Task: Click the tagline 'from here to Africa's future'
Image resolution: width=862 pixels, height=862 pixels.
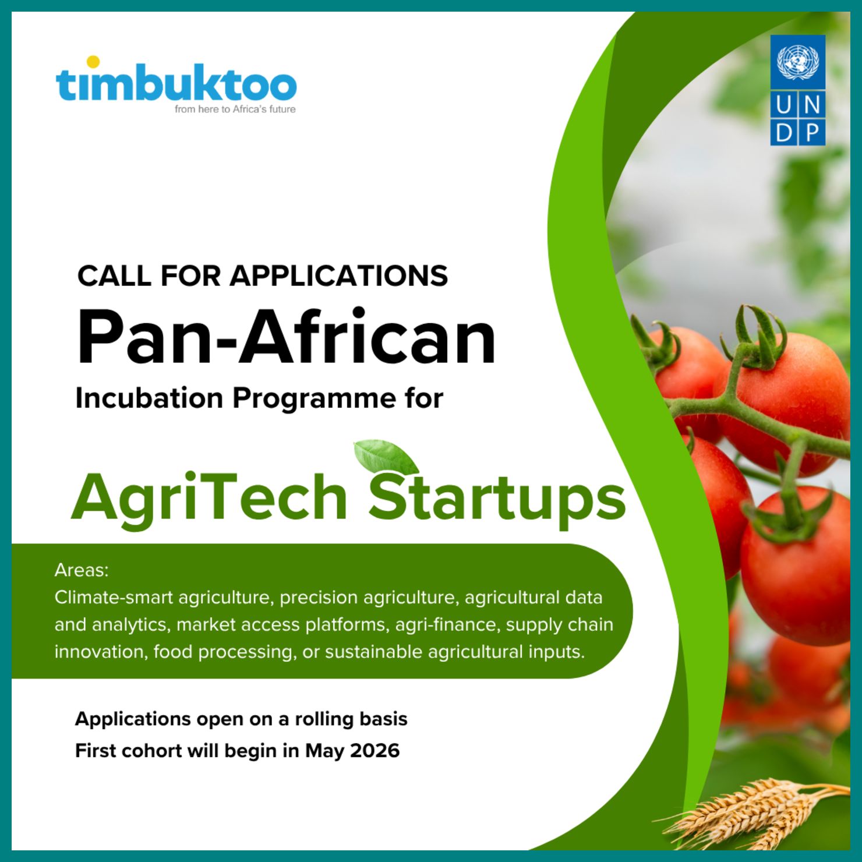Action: tap(235, 109)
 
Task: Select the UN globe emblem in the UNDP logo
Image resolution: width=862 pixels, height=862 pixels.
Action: tap(797, 63)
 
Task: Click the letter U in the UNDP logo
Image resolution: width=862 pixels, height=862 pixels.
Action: tap(784, 105)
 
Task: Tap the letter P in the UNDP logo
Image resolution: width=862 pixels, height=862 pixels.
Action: tap(812, 133)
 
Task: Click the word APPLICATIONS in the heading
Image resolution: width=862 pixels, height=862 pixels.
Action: tap(339, 275)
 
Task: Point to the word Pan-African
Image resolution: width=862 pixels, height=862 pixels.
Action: tap(286, 337)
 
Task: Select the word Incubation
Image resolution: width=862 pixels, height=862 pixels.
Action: tap(150, 398)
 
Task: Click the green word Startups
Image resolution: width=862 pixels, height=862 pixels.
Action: tap(497, 498)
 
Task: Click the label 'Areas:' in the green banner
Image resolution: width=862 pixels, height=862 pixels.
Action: tap(82, 570)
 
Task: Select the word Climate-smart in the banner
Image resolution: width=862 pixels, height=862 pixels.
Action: tap(114, 598)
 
